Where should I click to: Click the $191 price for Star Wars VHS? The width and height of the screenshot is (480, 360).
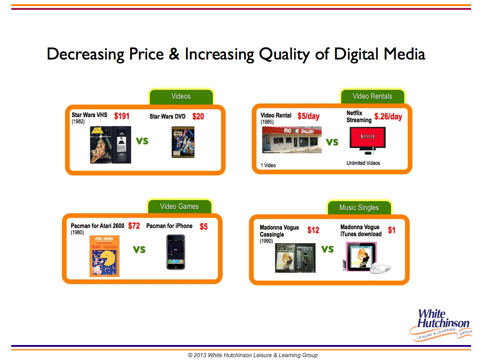pyautogui.click(x=122, y=116)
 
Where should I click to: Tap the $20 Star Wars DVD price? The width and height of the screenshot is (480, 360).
pyautogui.click(x=198, y=116)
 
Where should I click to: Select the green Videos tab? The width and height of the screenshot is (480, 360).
pyautogui.click(x=181, y=97)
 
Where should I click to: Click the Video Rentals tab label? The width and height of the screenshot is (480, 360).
pyautogui.click(x=372, y=97)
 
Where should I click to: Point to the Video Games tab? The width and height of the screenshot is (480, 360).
pyautogui.click(x=180, y=207)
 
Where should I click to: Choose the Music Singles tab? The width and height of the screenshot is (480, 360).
pyautogui.click(x=359, y=208)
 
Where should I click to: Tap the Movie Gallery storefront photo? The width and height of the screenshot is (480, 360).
pyautogui.click(x=292, y=140)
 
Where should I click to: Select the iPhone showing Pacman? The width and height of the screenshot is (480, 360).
pyautogui.click(x=176, y=252)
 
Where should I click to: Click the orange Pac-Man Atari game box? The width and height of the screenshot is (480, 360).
pyautogui.click(x=105, y=256)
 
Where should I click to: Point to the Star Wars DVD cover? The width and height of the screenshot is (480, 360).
pyautogui.click(x=183, y=142)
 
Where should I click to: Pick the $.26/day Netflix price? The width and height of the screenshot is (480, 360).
pyautogui.click(x=388, y=116)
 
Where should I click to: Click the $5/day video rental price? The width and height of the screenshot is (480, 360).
pyautogui.click(x=308, y=116)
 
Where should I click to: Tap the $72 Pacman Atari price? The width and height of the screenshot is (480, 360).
pyautogui.click(x=134, y=226)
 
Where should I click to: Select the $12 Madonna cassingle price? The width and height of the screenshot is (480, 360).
pyautogui.click(x=314, y=230)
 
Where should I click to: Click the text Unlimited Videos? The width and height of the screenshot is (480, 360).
pyautogui.click(x=363, y=163)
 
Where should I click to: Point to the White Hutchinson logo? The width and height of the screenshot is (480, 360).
pyautogui.click(x=441, y=324)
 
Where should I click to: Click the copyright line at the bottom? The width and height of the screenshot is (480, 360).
pyautogui.click(x=253, y=355)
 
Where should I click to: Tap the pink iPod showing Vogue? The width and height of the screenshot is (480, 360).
pyautogui.click(x=361, y=256)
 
